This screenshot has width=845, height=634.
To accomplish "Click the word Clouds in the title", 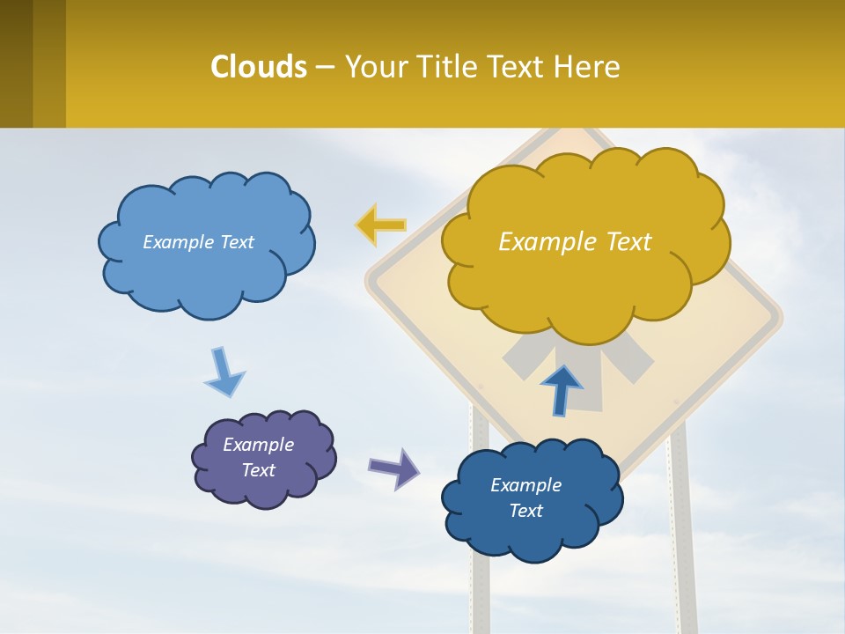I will pyautogui.click(x=259, y=67).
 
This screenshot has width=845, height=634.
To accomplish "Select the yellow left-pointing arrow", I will pyautogui.click(x=380, y=225).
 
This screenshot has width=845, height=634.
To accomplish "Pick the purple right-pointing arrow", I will pyautogui.click(x=393, y=468).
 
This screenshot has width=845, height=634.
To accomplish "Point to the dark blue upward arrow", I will pyautogui.click(x=561, y=390).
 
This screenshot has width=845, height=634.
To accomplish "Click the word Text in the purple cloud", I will pyautogui.click(x=259, y=470).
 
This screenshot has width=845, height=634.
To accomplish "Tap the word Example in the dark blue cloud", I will pyautogui.click(x=525, y=485).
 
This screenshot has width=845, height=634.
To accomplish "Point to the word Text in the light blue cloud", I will pyautogui.click(x=235, y=242).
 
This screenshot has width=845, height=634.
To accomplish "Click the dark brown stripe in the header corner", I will pyautogui.click(x=16, y=63).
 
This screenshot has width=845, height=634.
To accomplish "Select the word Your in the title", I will pyautogui.click(x=373, y=67).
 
